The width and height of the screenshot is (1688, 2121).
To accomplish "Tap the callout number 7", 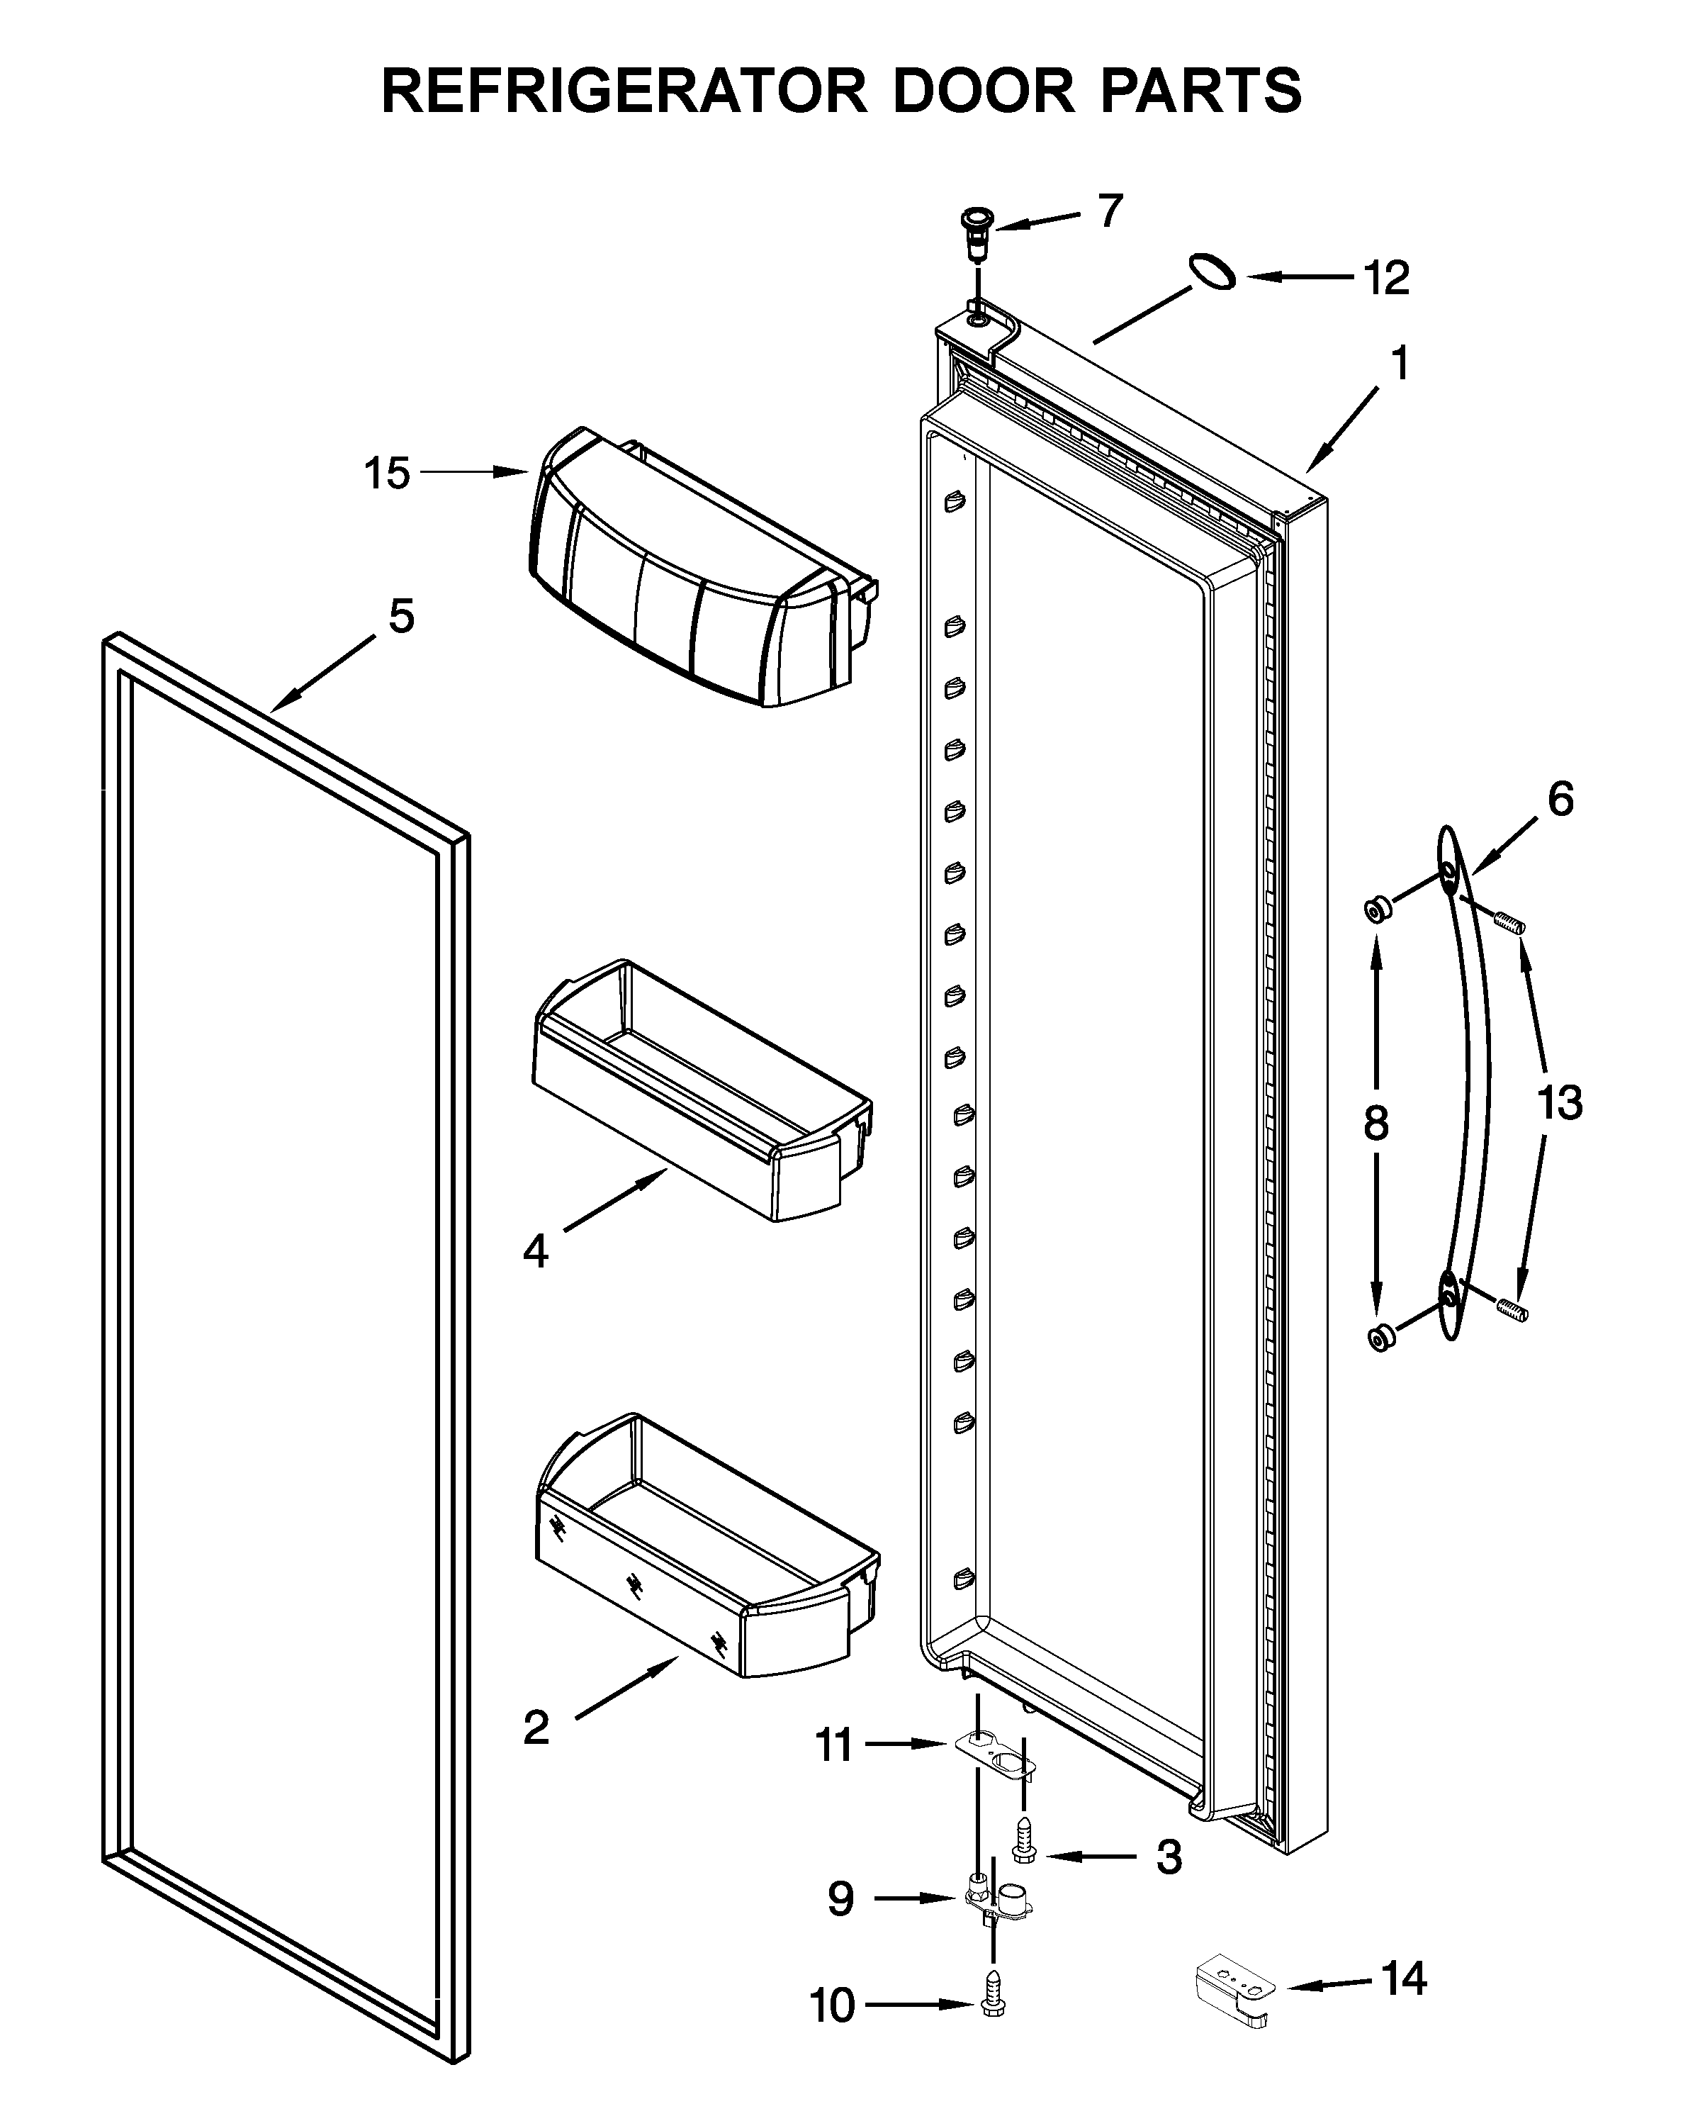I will (1110, 211).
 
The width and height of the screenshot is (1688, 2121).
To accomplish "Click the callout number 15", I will (387, 474).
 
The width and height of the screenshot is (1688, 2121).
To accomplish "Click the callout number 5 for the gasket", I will (401, 617).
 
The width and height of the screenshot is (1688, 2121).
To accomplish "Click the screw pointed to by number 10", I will (994, 2007).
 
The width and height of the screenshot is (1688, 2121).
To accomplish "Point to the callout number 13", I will (1559, 1103).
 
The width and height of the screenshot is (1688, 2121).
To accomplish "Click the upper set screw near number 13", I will (1508, 922).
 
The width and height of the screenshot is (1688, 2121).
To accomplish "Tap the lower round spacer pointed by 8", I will (1381, 1338).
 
